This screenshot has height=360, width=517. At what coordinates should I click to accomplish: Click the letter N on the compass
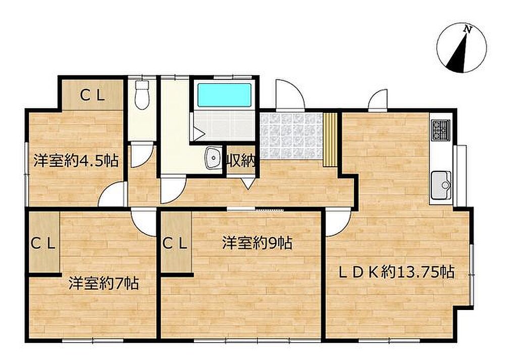coord(467,29)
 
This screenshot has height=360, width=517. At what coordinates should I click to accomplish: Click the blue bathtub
coord(224,95)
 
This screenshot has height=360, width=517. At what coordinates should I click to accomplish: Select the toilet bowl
coord(142,95)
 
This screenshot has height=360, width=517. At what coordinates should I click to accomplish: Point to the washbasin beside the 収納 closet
coord(214,158)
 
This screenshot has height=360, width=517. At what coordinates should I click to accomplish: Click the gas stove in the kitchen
coord(441,130)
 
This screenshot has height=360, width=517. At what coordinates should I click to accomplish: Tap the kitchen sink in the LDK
coord(441,185)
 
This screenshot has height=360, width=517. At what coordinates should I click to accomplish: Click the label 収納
coord(241,162)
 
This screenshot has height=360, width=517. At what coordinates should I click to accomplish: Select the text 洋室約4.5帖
coord(76,161)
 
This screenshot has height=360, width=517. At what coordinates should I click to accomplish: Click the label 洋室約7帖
coord(104,284)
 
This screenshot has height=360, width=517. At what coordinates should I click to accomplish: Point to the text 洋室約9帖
coord(257,243)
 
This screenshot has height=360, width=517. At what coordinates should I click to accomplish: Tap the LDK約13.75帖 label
coord(397,272)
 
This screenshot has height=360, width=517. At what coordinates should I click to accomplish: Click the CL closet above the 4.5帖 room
coord(93,95)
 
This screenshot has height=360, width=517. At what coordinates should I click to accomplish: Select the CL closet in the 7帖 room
coord(44,242)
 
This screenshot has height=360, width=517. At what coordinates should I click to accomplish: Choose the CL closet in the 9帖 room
coord(176,242)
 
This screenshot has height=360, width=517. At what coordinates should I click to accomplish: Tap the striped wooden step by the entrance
coord(330,139)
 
